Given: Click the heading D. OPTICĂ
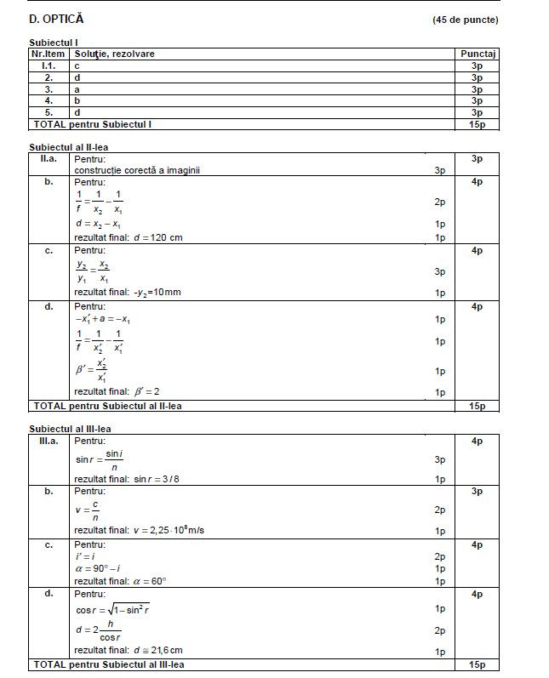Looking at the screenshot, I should click(56, 19).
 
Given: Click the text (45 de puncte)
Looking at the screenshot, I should click(466, 20).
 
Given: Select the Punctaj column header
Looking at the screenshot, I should click(478, 54).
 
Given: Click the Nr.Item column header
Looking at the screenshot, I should click(49, 54).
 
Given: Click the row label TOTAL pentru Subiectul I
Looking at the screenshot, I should click(92, 124).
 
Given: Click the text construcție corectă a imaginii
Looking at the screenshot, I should click(137, 170).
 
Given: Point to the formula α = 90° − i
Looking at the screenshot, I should click(97, 567).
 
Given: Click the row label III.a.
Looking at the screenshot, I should click(49, 441).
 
